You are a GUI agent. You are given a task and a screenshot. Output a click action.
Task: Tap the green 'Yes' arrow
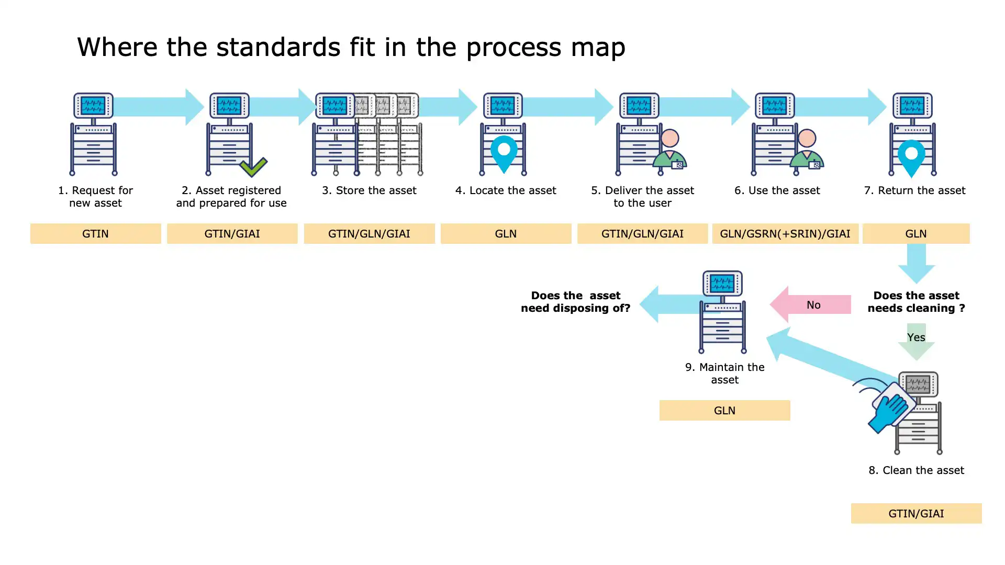916,341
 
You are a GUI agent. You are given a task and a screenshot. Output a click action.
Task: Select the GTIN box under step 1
95,233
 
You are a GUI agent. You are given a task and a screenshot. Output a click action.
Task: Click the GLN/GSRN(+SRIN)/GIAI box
785,233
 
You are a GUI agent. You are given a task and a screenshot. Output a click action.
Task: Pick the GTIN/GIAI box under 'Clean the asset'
916,513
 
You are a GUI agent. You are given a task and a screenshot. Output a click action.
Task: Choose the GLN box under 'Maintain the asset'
724,410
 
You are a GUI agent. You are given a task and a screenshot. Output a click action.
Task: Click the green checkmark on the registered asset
253,167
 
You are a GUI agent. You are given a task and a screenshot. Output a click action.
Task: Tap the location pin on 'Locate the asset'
504,152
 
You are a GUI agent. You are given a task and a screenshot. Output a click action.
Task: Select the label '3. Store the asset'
369,190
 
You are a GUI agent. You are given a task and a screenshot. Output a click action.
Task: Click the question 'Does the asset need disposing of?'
575,302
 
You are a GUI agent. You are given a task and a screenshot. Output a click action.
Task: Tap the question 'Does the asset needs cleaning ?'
916,302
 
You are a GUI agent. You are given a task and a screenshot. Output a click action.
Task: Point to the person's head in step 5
670,138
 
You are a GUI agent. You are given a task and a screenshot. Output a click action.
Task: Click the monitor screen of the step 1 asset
93,105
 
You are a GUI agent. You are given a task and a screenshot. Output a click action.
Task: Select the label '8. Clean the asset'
916,470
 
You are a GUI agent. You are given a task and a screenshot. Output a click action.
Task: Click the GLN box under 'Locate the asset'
506,233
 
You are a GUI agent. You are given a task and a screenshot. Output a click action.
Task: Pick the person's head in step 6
807,138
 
